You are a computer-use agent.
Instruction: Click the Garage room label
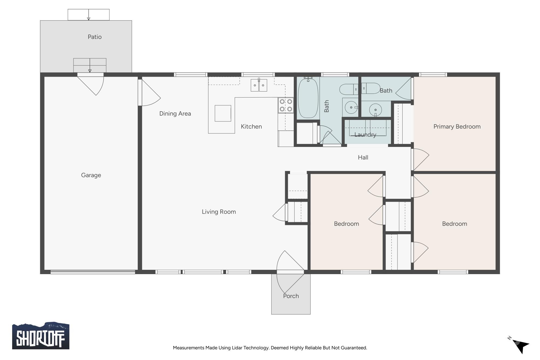click(x=91, y=175)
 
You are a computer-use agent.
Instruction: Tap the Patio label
click(x=94, y=37)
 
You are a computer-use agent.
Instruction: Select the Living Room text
click(x=219, y=212)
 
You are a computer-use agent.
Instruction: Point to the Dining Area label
click(x=175, y=113)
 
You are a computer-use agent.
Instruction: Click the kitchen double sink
click(x=259, y=85)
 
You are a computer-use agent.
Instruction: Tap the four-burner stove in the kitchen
click(x=286, y=105)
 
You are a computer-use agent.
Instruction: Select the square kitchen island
click(x=223, y=113)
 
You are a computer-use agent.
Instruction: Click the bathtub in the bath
click(x=308, y=98)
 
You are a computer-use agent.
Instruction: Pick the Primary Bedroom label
click(x=457, y=126)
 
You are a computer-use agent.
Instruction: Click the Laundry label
click(x=365, y=134)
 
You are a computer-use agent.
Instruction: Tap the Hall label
click(x=363, y=157)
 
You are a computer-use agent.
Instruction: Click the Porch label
click(x=291, y=296)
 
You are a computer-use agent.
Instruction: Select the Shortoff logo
click(x=40, y=336)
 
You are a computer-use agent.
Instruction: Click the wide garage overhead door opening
click(x=93, y=272)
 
